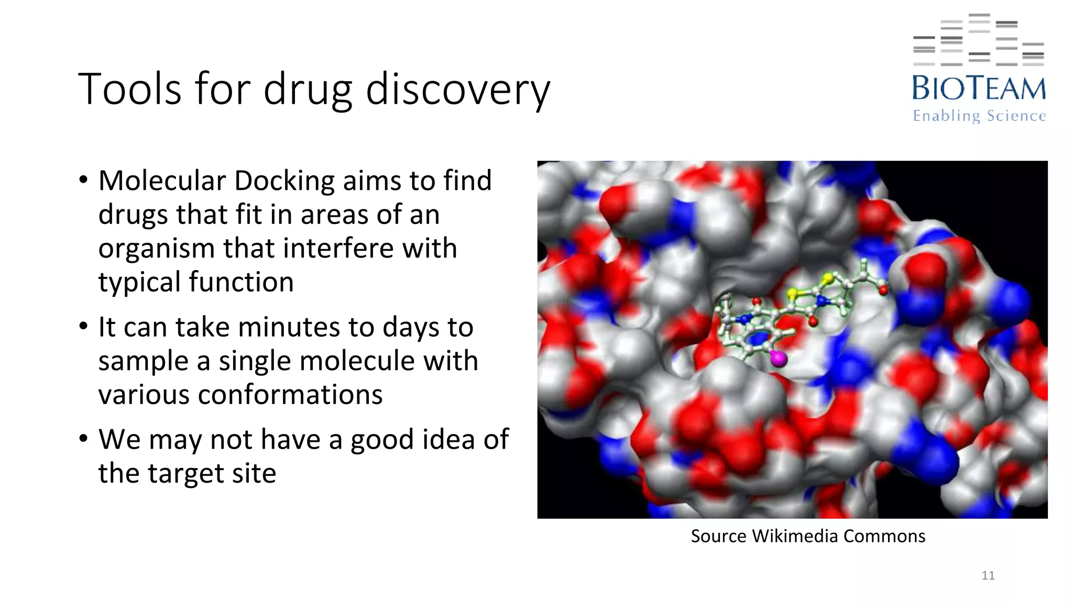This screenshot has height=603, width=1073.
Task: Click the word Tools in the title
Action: click(129, 89)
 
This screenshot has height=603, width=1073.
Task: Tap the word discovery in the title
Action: click(458, 90)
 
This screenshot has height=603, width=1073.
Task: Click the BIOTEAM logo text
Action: click(979, 88)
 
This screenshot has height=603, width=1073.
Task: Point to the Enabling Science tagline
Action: click(979, 116)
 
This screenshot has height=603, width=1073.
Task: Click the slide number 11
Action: click(988, 575)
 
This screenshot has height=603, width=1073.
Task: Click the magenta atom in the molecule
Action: click(779, 359)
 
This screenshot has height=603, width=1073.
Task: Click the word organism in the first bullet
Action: click(156, 249)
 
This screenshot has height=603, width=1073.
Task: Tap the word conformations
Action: click(240, 395)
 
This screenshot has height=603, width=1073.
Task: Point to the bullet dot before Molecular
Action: click(83, 180)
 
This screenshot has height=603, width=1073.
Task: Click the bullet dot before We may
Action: click(83, 439)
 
